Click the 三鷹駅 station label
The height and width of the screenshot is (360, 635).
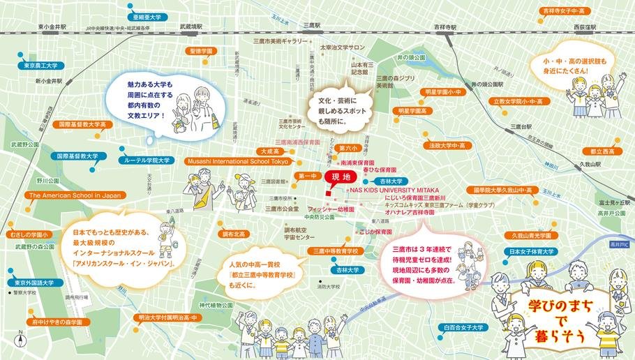(311, 25)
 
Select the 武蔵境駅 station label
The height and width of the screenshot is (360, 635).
(191, 27)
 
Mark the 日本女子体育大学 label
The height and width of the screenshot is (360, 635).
(531, 251)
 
